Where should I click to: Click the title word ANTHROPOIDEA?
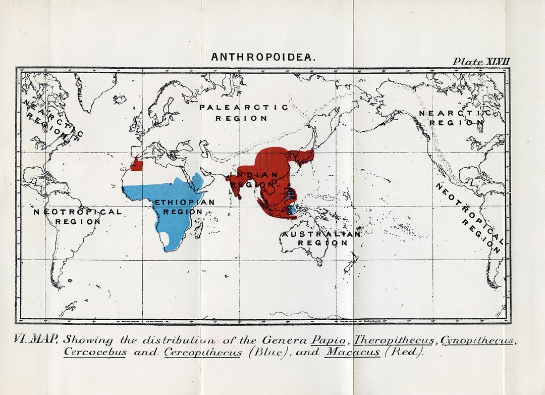pos(263,57)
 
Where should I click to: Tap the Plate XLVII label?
pos(481,61)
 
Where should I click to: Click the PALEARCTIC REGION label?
pos(243,113)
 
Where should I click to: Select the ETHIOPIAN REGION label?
pos(184,207)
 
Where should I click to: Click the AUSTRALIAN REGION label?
pos(321,238)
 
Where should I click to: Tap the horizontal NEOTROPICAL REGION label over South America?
pos(78,216)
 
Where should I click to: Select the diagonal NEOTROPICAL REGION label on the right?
pos(469,218)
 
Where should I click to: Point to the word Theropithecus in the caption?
pos(394,339)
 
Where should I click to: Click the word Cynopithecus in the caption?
pos(477,339)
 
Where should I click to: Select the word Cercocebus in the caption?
pos(95,352)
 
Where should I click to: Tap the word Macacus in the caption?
pos(352,352)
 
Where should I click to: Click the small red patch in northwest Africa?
pos(137,164)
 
